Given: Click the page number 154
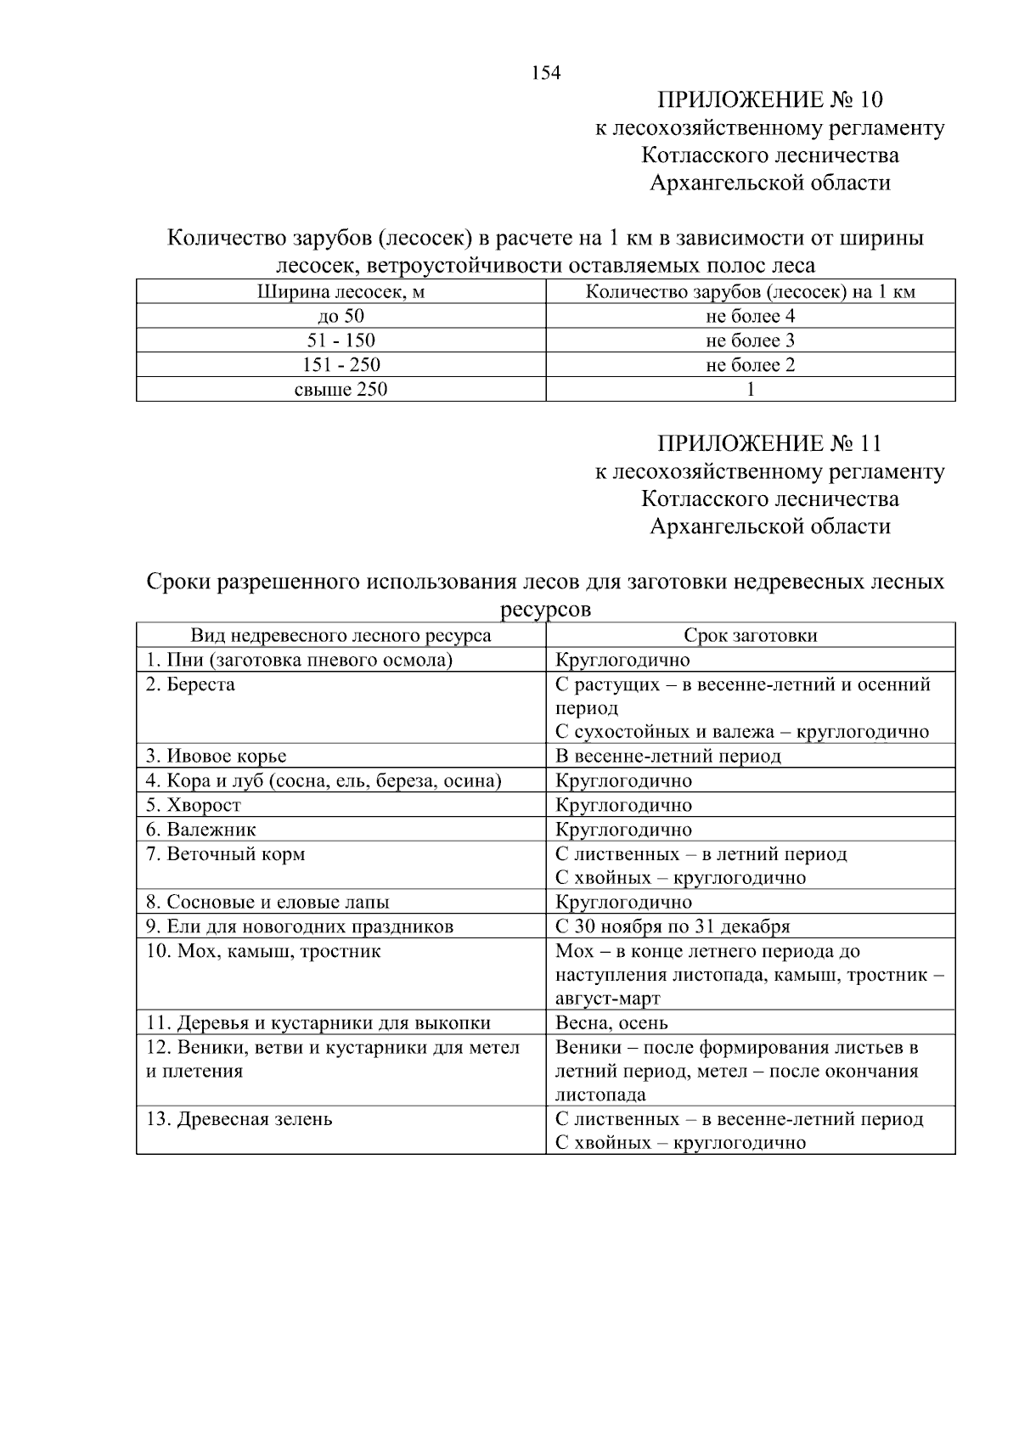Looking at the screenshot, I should pos(546,73).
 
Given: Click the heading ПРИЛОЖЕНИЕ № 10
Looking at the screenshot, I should pos(769,100).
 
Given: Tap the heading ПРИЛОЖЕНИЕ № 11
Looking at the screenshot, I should pos(769,444).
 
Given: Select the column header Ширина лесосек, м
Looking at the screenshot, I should pos(341,293).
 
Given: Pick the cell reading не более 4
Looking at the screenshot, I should pos(750,317).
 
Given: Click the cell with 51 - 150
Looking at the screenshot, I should pos(341,341).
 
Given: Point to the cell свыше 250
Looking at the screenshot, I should pos(341,390).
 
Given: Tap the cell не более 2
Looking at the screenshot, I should pos(750,366).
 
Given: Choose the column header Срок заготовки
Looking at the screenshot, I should pos(750,636).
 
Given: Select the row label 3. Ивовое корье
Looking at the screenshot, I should pos(216,756).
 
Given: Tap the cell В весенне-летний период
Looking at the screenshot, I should pos(667,756).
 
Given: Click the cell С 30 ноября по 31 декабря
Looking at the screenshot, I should pos(673,926).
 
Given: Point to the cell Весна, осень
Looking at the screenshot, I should pos(611,1023).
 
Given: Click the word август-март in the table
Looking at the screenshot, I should pos(607,999).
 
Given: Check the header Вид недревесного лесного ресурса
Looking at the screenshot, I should pos(341,636).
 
